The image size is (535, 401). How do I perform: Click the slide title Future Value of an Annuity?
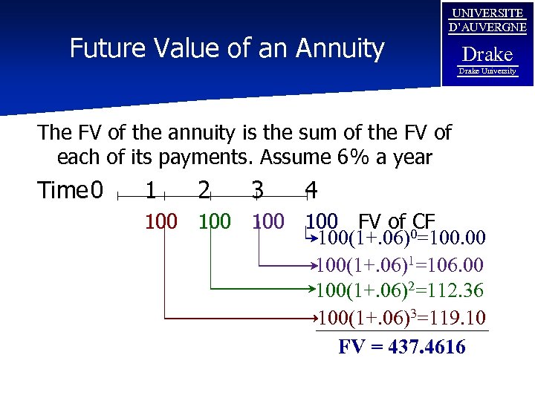227,49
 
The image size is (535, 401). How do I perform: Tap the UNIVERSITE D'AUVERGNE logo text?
487,21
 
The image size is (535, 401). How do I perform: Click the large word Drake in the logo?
487,54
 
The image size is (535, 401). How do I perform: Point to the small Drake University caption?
487,71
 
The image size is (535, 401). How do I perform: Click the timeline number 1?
151,191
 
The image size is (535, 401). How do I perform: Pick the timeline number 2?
204,191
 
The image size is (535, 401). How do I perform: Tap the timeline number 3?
257,191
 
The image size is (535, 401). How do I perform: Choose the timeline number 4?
311,191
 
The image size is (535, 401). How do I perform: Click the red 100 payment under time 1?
161,221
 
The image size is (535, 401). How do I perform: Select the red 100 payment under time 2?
215,221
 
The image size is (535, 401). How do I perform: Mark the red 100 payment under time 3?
269,221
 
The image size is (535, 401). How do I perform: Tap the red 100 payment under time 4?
322,221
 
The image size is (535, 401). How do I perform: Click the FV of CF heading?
396,221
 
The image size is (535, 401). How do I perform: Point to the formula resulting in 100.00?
401,239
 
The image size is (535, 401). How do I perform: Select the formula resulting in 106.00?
401,265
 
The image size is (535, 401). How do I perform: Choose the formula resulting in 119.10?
401,319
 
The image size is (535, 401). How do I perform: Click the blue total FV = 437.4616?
402,346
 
